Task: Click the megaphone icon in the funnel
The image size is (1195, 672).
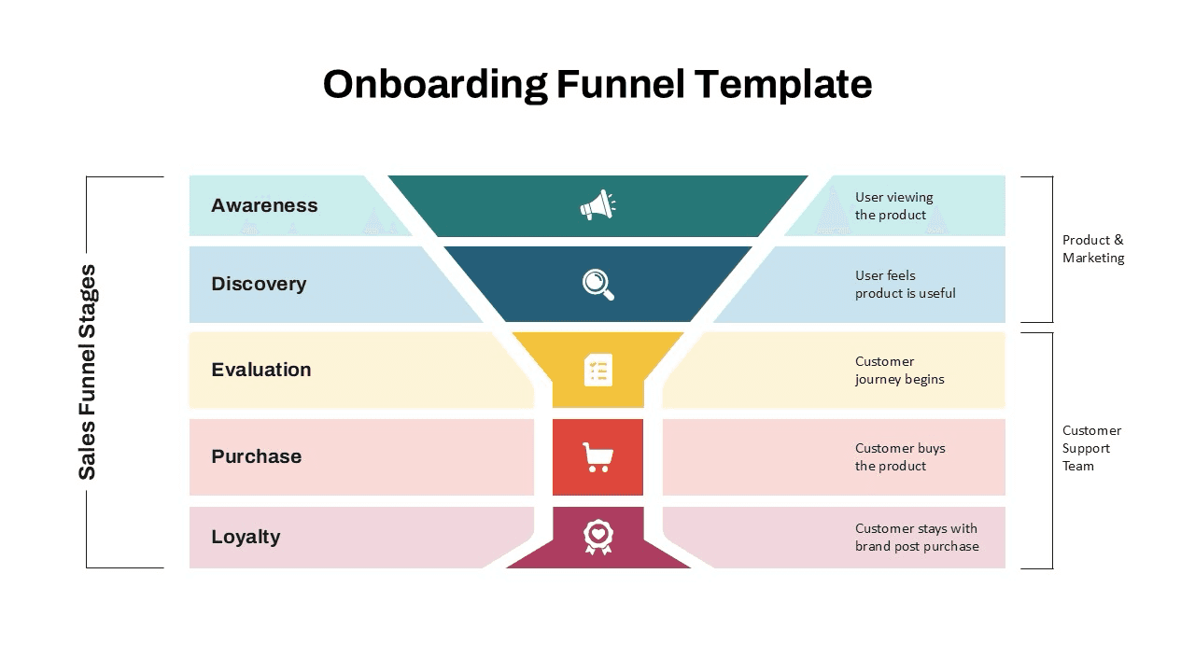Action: click(597, 205)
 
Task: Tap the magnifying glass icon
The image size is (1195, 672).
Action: click(598, 284)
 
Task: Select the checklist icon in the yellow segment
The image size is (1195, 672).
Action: click(597, 370)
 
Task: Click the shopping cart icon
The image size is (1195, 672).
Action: click(597, 457)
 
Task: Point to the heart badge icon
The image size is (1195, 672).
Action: click(597, 537)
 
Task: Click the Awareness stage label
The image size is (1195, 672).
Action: click(264, 205)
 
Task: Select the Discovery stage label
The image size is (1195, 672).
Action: click(259, 284)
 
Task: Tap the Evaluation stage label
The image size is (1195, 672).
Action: click(261, 370)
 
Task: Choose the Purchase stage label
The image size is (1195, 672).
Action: click(257, 456)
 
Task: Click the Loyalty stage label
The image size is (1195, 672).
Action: click(246, 537)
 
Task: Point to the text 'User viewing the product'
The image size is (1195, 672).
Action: click(893, 205)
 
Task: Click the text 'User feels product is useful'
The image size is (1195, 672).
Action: click(905, 284)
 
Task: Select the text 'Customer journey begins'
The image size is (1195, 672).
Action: click(899, 370)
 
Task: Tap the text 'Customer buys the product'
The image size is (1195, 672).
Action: click(900, 456)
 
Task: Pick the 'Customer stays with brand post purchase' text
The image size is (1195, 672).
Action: click(916, 537)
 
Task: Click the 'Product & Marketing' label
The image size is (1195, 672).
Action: click(1092, 248)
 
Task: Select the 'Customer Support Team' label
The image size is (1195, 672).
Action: click(1091, 448)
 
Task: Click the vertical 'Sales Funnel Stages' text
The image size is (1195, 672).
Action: click(87, 371)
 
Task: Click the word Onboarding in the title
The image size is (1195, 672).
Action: click(435, 84)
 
